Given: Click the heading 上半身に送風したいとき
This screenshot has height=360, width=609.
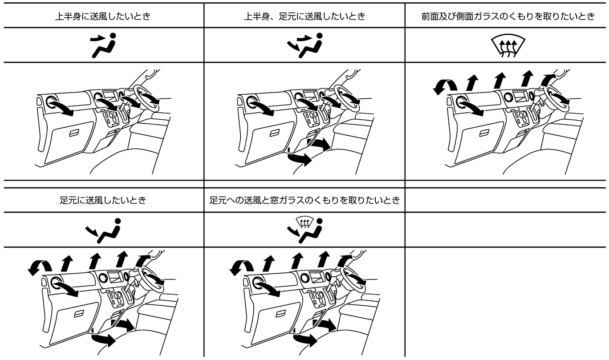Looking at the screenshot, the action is [103, 16].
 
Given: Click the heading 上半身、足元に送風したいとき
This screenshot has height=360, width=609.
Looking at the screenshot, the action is [304, 16].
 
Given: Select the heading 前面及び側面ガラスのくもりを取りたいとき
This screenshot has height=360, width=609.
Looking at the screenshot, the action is [508, 16].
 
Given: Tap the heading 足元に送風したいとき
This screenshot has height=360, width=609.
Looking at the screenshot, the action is [103, 201].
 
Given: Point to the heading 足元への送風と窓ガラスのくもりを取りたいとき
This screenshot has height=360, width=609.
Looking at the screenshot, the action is [304, 201].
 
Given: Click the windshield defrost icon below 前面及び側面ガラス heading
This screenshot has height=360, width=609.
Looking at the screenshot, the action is [508, 46].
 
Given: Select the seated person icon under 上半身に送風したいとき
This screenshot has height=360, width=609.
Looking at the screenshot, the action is [103, 45].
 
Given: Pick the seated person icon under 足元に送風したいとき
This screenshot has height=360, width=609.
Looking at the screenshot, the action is [103, 231].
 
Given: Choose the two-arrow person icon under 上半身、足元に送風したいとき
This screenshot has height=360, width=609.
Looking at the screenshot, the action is [305, 45].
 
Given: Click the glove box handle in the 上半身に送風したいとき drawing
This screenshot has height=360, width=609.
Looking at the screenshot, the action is [74, 133].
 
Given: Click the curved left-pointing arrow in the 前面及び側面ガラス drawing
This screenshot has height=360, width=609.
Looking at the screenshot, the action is [445, 87].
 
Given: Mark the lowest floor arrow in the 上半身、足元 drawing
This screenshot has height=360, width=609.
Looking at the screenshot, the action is [299, 159].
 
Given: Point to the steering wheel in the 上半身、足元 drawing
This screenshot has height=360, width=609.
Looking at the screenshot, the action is [347, 98].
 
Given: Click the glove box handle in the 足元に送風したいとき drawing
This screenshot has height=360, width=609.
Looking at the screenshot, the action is [79, 314].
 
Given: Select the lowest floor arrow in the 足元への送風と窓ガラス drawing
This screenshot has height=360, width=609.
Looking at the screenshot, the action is [305, 340].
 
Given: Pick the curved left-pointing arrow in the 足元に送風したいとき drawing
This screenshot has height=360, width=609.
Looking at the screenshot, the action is [40, 267].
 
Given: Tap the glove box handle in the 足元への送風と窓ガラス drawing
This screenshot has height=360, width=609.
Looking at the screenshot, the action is [280, 314].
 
